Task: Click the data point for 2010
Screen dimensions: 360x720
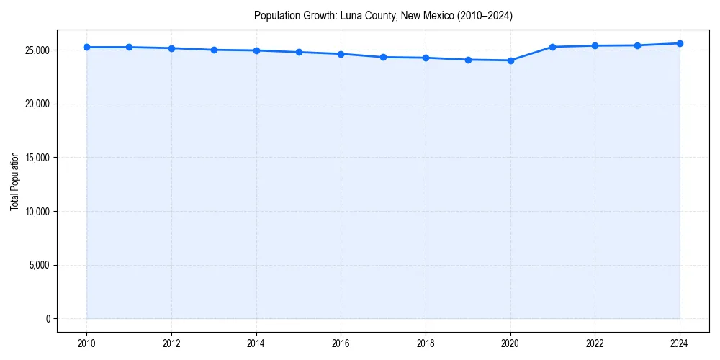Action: click(86, 47)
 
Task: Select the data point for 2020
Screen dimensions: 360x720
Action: click(510, 60)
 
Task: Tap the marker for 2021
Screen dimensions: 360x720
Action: click(552, 47)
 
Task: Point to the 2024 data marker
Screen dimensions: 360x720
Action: click(680, 43)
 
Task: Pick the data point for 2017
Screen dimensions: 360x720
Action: click(383, 57)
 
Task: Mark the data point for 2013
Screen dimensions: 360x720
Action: click(214, 50)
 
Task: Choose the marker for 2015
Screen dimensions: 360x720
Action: click(299, 52)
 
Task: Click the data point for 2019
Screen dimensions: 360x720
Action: click(468, 60)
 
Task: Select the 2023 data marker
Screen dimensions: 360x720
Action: click(637, 45)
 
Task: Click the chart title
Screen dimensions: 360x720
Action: click(383, 16)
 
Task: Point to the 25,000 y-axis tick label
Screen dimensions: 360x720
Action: click(36, 50)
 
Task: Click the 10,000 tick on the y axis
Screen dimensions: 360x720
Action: click(36, 212)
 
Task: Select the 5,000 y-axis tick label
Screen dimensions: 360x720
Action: click(38, 265)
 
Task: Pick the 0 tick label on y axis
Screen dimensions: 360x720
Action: click(47, 319)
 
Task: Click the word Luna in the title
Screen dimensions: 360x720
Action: click(350, 16)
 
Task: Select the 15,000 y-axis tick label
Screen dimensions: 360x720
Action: click(36, 158)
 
